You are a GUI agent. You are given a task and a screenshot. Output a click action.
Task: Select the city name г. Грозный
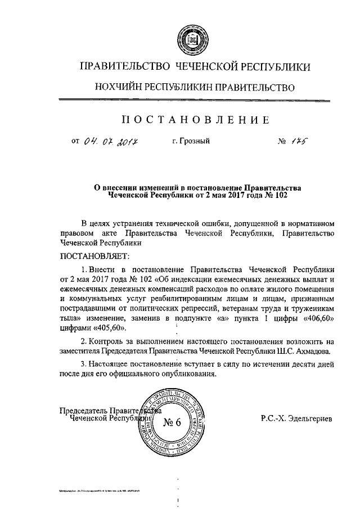point(191,141)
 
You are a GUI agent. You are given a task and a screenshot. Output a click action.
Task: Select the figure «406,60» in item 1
point(319,318)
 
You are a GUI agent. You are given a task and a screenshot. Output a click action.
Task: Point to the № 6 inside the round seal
point(173,423)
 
